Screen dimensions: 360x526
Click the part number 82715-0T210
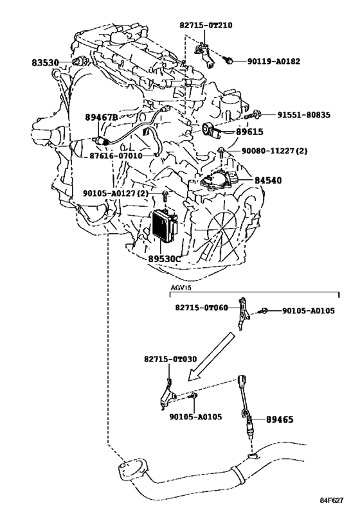click(206, 25)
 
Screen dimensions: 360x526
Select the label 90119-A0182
click(274, 62)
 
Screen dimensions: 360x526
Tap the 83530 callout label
click(46, 63)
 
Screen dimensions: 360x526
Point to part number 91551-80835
click(304, 115)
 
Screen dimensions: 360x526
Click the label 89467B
click(102, 117)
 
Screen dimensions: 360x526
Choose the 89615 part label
click(249, 132)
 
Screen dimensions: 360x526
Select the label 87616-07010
click(116, 156)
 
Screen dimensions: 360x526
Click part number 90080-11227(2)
click(274, 151)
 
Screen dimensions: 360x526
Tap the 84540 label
click(268, 180)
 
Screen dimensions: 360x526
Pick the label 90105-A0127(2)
click(116, 193)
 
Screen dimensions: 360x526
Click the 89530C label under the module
click(165, 259)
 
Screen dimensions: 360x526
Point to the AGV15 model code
click(181, 288)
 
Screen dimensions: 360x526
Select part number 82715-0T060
click(201, 308)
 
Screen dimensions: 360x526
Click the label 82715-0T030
click(170, 359)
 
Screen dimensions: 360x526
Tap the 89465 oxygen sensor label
click(280, 419)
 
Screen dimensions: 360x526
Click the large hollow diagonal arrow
click(211, 356)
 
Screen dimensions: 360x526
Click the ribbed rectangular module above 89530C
click(165, 225)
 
